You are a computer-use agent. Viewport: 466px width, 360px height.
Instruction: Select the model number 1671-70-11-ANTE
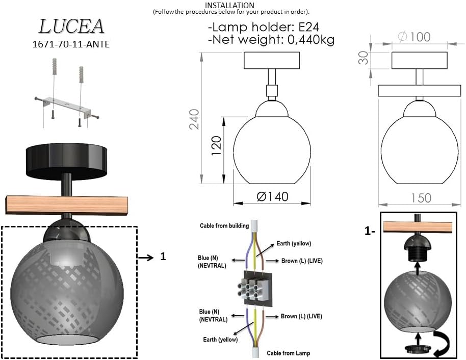70,44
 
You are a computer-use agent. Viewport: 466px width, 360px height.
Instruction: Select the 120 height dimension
216,146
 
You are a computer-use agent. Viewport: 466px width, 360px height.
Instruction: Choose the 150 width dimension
421,198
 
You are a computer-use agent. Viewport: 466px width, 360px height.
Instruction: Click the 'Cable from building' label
224,225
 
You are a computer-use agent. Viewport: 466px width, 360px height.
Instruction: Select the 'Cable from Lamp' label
288,353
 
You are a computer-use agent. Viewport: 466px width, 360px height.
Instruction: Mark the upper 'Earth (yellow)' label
294,243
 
